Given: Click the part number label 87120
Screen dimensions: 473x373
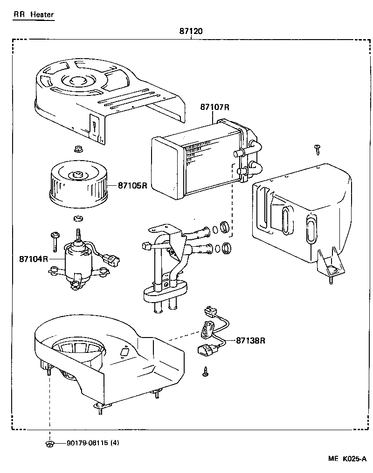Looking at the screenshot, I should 190,32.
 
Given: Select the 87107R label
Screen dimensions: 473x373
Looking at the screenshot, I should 215,107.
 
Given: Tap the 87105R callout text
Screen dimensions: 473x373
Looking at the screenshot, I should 132,185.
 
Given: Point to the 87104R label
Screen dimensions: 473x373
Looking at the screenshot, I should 34,258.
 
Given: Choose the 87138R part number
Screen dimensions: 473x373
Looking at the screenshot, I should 250,340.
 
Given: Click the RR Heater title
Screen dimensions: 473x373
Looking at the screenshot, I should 33,14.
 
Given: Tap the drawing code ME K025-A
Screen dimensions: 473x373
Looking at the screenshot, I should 347,459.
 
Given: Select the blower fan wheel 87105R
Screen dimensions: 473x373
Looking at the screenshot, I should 78,183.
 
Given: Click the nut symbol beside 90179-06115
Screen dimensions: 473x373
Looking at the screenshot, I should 49,444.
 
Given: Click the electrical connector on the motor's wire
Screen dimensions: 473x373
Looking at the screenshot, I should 112,260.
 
